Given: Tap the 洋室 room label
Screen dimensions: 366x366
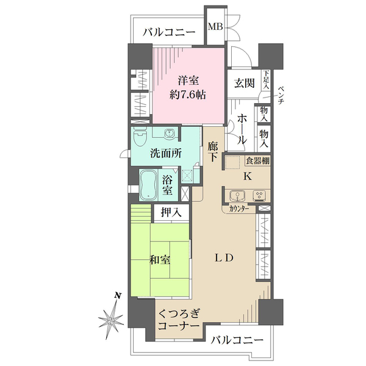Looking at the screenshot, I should (189, 80).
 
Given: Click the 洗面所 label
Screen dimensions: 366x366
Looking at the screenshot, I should (165, 154).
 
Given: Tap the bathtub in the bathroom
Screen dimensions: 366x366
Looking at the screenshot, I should (149, 184).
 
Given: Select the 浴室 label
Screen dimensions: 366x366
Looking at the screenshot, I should (168, 185).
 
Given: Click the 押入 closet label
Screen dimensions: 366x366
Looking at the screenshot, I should (171, 213).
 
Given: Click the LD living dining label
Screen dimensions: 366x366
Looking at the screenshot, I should (224, 257).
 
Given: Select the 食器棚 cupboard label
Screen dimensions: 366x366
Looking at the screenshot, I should (258, 161).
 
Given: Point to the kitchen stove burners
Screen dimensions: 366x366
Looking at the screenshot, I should (259, 196).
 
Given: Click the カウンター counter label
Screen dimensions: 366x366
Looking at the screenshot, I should (238, 209).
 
